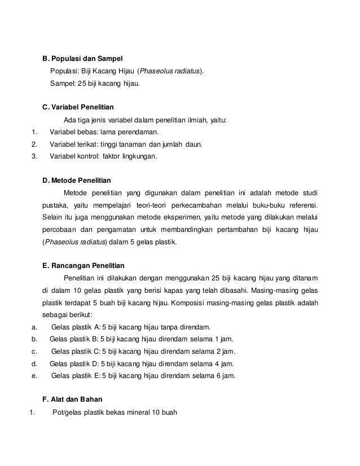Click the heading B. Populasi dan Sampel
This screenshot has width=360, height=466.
[x=82, y=59]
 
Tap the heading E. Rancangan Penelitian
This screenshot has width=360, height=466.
[x=84, y=265]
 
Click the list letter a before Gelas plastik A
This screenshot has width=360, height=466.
[x=35, y=327]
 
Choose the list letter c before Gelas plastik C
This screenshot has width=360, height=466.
[x=35, y=351]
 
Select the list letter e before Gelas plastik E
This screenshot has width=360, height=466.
[x=35, y=376]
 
